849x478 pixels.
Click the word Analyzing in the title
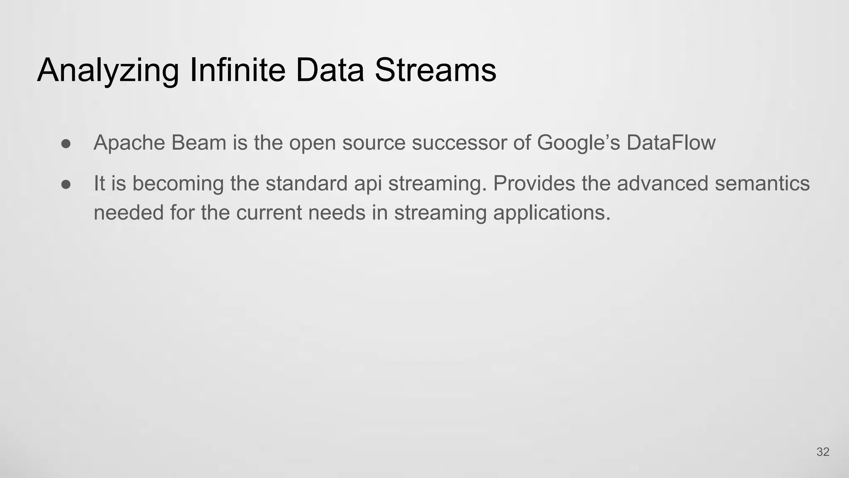coord(108,71)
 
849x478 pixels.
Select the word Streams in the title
coord(435,70)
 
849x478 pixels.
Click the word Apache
coord(129,143)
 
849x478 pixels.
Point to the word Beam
coord(199,143)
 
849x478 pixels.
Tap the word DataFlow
coord(671,143)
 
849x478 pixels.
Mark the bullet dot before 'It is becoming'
coord(66,184)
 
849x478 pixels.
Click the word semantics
coord(762,183)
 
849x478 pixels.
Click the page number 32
coord(822,452)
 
